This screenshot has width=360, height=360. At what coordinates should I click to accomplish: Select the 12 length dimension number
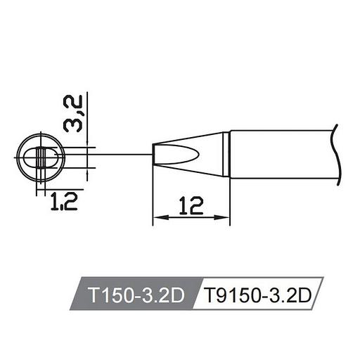(x=191, y=205)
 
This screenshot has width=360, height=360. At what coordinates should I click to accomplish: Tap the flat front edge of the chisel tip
(x=153, y=155)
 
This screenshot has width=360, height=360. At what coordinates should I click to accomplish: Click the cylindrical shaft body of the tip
(x=281, y=155)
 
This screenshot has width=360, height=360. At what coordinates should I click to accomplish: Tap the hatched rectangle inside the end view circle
(x=41, y=155)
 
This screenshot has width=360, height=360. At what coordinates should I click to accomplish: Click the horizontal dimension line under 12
(x=191, y=219)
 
